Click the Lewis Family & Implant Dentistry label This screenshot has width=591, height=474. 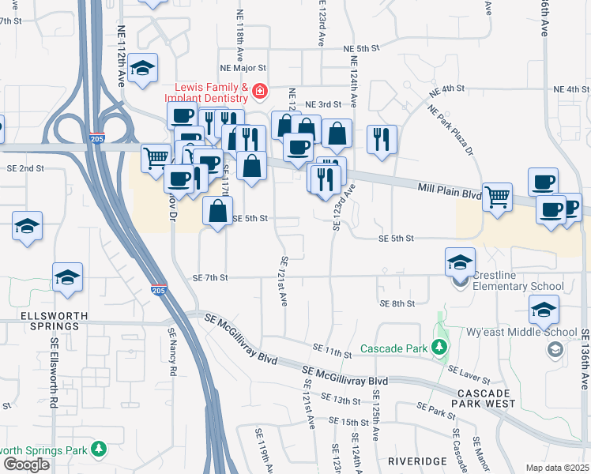tap(206, 92)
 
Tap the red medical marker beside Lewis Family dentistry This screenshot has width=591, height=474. tap(258, 92)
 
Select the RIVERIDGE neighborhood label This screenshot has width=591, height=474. tap(412, 460)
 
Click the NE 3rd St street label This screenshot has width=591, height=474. tap(322, 104)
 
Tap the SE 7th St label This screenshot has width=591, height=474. tap(210, 278)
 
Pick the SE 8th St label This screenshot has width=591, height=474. tap(397, 303)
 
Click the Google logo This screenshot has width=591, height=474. tap(26, 465)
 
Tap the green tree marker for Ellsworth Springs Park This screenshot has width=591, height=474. tap(99, 450)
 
